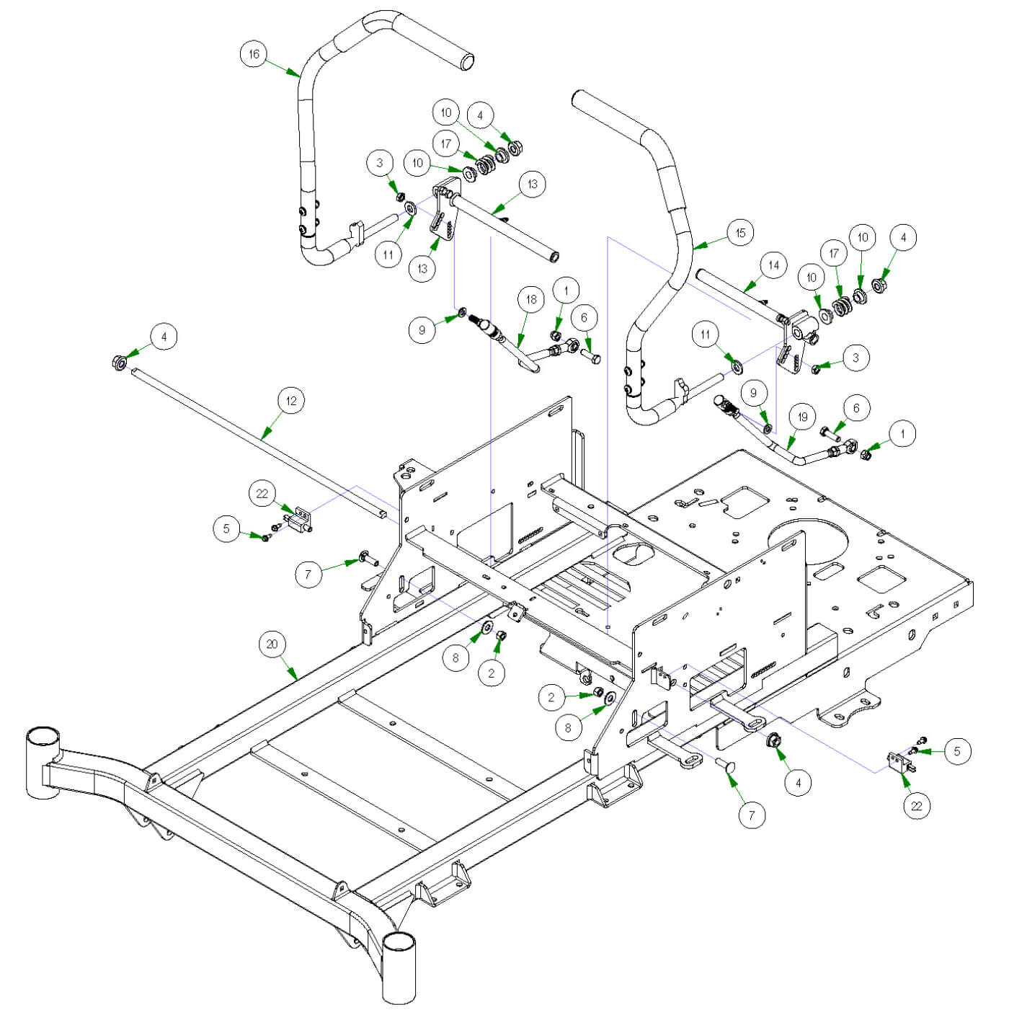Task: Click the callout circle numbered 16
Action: click(x=254, y=54)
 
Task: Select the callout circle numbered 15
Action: click(x=740, y=233)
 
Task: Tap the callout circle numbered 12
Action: click(x=290, y=401)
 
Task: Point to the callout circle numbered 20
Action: click(x=272, y=644)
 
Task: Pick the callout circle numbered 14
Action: click(x=773, y=265)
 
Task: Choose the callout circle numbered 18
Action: click(x=531, y=300)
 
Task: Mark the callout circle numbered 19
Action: click(x=802, y=416)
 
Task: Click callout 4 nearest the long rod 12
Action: click(x=164, y=337)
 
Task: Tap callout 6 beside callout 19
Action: click(x=856, y=409)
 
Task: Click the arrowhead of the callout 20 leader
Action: click(x=296, y=678)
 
